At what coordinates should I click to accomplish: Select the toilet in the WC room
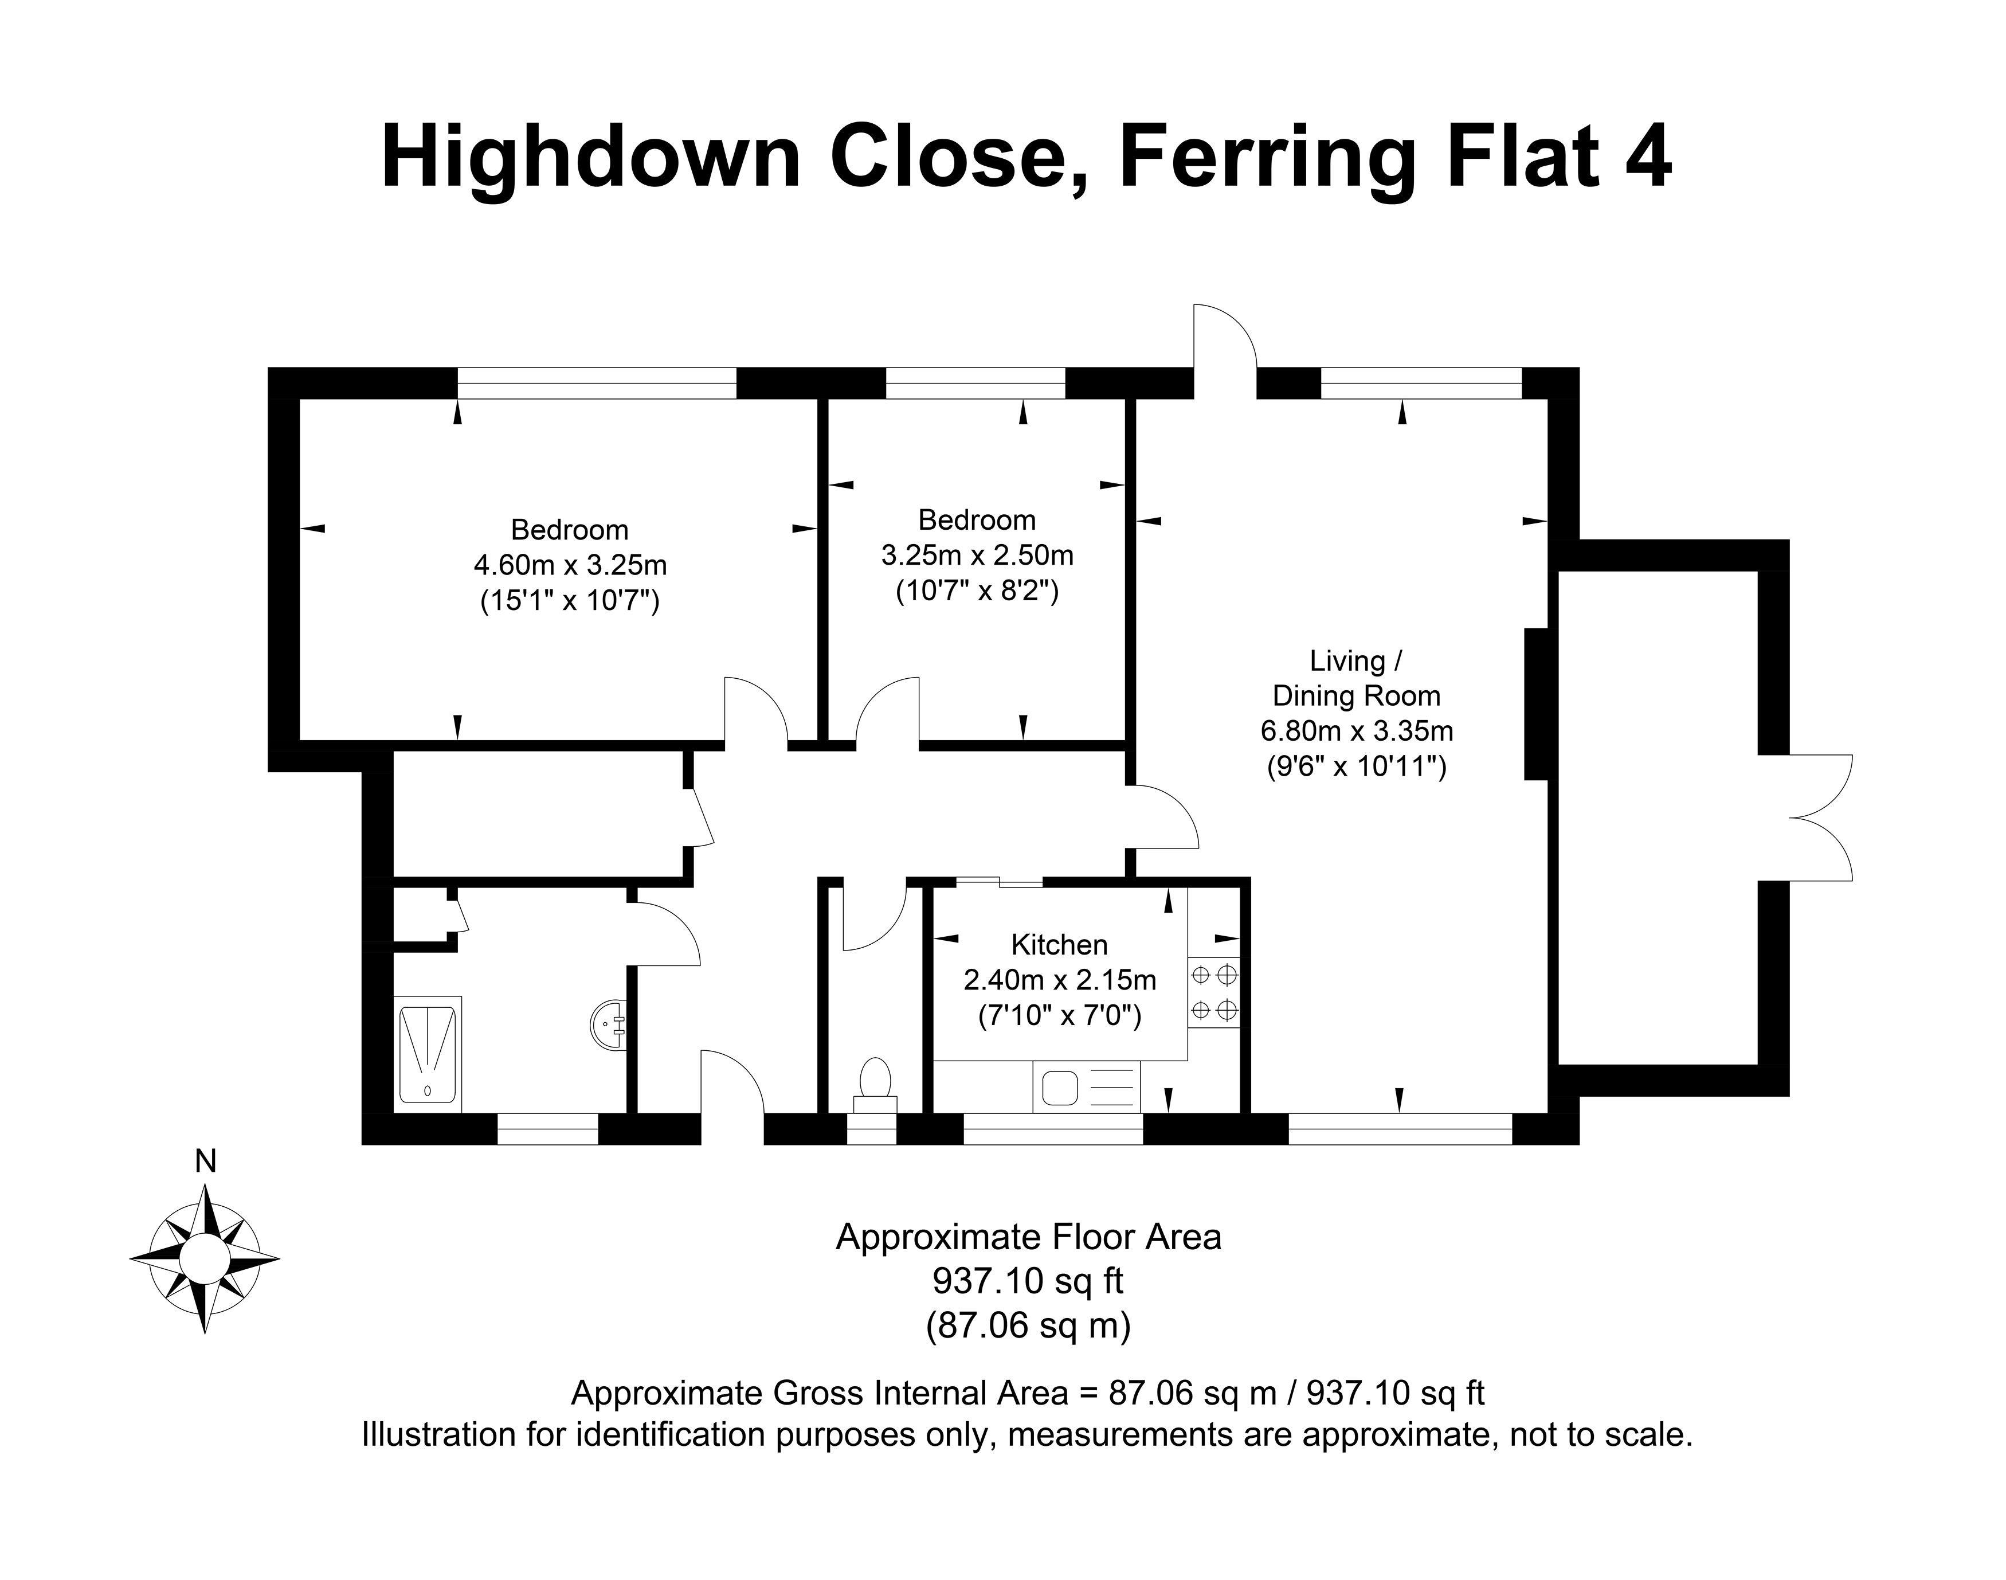click(875, 1087)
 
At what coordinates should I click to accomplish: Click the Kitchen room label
click(1060, 944)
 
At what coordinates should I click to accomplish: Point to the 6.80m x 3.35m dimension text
click(1357, 731)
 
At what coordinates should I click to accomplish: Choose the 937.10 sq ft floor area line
click(1028, 1281)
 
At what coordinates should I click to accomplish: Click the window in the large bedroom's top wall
click(597, 383)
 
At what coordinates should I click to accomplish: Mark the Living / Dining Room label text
click(1357, 678)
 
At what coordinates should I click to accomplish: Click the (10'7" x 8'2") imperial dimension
click(977, 590)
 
